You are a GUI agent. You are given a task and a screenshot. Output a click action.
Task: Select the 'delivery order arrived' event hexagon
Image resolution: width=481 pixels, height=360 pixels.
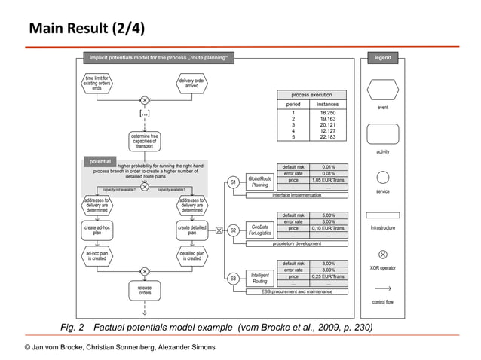click(192, 83)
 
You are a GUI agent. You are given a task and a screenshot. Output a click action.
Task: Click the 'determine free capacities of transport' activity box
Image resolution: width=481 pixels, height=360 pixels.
click(144, 141)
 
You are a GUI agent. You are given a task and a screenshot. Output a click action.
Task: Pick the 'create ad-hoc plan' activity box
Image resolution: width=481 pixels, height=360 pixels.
click(97, 230)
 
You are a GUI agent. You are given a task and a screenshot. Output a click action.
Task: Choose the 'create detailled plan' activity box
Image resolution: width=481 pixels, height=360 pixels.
click(192, 230)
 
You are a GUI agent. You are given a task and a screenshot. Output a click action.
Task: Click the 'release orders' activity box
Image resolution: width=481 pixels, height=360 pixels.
click(144, 291)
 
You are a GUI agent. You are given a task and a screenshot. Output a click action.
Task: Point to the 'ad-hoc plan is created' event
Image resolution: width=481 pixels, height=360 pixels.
click(97, 257)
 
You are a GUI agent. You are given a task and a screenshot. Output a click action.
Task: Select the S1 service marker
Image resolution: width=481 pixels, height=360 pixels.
click(234, 182)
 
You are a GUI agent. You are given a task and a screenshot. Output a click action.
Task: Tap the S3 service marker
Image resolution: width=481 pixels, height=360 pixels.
click(234, 279)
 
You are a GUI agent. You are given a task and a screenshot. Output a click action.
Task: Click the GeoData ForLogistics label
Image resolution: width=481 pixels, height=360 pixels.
click(260, 230)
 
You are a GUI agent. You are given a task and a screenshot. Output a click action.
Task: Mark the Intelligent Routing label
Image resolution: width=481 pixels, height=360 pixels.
click(260, 279)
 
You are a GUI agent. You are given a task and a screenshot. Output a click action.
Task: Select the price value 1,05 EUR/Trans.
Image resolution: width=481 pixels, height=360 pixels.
click(328, 181)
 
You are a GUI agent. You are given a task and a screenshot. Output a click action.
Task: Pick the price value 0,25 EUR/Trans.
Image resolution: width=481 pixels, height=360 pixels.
click(328, 277)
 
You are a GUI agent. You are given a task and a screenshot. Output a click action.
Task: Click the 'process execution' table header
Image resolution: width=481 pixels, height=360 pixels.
click(311, 95)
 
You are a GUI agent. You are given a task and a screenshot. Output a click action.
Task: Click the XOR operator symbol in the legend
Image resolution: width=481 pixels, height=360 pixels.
click(382, 255)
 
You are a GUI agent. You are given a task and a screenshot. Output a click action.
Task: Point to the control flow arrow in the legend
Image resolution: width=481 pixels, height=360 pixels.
click(382, 288)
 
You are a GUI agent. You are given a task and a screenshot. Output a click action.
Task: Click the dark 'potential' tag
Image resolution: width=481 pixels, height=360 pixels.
click(100, 161)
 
